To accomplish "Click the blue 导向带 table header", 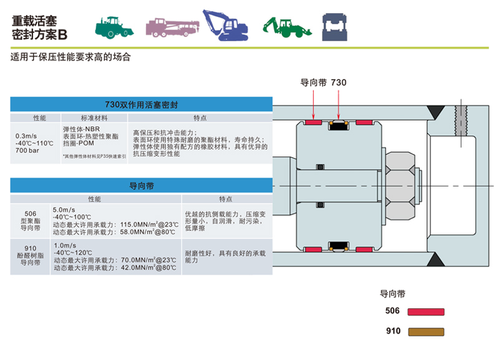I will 142,185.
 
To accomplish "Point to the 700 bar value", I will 27,151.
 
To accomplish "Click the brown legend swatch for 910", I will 425,332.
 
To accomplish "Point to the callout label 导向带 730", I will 323,82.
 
